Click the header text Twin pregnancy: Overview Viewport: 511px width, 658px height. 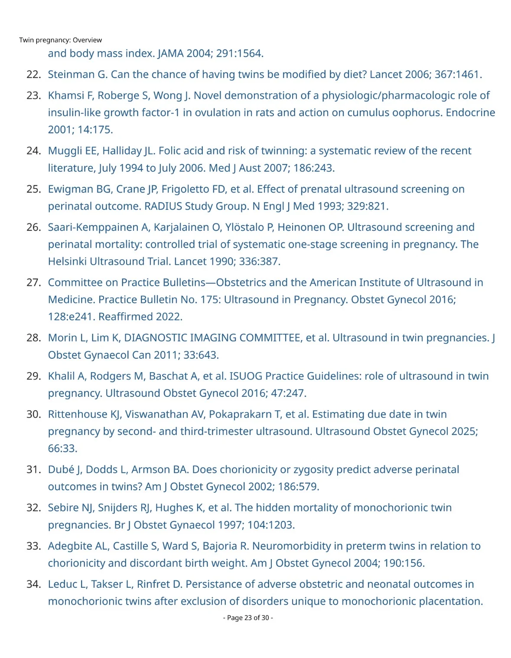coord(60,40)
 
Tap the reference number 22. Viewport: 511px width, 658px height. coord(33,74)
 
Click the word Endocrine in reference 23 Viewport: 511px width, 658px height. coord(470,112)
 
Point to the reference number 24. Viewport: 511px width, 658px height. coord(33,151)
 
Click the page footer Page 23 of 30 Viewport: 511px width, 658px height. coord(248,618)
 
